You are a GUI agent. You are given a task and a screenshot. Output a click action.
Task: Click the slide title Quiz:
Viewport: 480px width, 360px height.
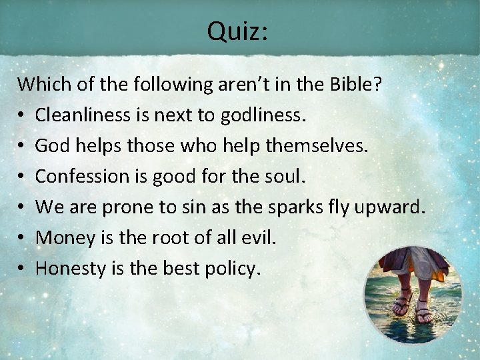pyautogui.click(x=237, y=31)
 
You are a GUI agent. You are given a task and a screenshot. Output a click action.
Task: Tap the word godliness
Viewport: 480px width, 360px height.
pyautogui.click(x=265, y=116)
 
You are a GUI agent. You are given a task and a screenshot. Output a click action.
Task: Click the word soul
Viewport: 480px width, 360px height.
pyautogui.click(x=286, y=177)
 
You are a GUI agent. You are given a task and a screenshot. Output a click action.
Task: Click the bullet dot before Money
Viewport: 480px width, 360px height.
pyautogui.click(x=22, y=238)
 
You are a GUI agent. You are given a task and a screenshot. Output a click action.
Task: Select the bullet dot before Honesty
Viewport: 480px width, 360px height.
pyautogui.click(x=22, y=269)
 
